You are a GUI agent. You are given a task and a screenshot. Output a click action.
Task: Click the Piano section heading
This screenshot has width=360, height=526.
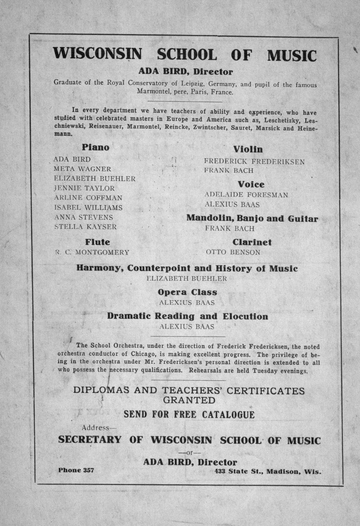95,147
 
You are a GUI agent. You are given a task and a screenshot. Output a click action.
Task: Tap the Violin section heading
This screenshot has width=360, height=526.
248,149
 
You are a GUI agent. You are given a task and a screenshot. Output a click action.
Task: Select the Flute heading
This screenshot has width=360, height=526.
98,242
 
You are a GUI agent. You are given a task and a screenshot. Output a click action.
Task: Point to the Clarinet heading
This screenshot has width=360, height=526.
252,242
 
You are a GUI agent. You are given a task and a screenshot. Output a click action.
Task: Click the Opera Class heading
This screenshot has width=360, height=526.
187,292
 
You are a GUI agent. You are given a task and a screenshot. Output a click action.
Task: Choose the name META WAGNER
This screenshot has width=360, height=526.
82,169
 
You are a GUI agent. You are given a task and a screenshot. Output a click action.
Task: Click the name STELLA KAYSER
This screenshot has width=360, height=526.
85,227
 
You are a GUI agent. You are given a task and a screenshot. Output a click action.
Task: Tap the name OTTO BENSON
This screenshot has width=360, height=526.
233,252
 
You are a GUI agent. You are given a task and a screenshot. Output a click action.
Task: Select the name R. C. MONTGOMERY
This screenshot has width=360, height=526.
92,252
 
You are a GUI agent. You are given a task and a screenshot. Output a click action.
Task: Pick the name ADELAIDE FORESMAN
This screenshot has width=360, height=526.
246,195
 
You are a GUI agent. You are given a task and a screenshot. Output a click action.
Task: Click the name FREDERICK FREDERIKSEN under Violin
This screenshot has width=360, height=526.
254,162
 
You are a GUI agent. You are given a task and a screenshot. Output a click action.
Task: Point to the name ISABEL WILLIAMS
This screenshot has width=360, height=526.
88,208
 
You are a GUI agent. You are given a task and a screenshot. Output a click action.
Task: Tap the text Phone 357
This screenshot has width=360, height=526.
76,470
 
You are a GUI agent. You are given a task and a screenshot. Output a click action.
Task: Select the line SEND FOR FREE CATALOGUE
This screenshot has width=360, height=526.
189,415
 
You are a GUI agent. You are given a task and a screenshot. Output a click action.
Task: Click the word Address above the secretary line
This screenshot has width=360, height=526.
95,428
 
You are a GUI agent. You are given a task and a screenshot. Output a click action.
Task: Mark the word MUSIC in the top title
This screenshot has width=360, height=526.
292,56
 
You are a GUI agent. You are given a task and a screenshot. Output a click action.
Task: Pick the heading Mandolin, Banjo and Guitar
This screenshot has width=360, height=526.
252,218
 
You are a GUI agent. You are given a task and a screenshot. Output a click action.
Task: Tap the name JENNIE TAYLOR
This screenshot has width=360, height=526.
84,188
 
